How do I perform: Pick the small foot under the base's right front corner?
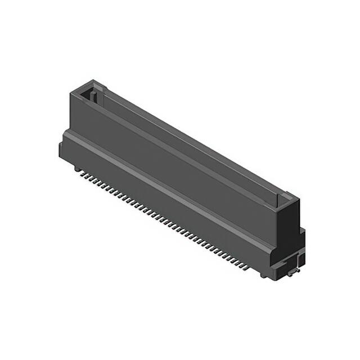point(264,274)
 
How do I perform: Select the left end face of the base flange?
point(61,149)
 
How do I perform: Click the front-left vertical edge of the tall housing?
point(70,112)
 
